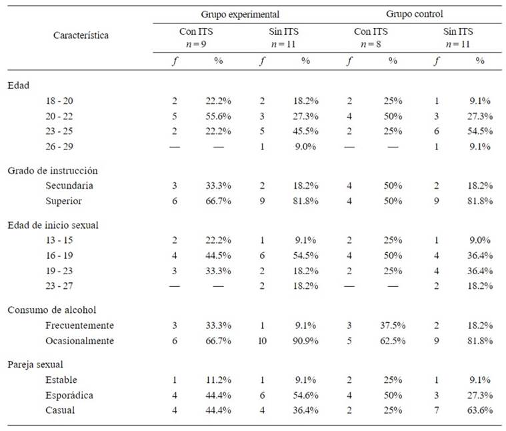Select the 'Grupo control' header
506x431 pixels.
coord(414,13)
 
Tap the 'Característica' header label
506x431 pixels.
coord(81,35)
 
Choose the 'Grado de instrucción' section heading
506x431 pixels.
coord(53,170)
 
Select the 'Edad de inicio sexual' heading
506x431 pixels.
coord(53,226)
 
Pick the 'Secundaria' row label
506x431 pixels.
coord(69,185)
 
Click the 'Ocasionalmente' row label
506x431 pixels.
coord(79,340)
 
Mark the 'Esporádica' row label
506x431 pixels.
coord(69,395)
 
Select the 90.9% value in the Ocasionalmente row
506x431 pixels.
coord(305,340)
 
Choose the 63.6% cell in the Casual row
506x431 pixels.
coord(480,410)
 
